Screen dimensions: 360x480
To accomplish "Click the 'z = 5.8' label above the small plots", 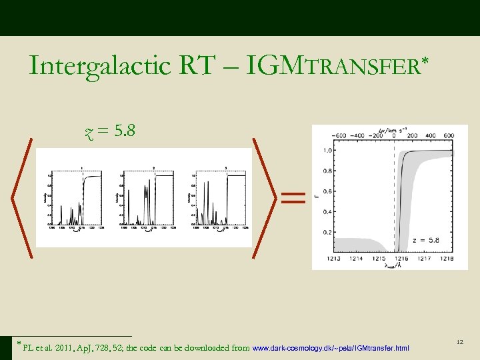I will pyautogui.click(x=111, y=131).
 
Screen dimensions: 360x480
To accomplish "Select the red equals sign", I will pyautogui.click(x=293, y=197).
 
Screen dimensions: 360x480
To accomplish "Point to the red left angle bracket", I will pyautogui.click(x=23, y=197).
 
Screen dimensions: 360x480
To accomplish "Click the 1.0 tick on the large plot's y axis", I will pyautogui.click(x=327, y=150).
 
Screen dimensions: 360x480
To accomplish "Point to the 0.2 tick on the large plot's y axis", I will pyautogui.click(x=327, y=233).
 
